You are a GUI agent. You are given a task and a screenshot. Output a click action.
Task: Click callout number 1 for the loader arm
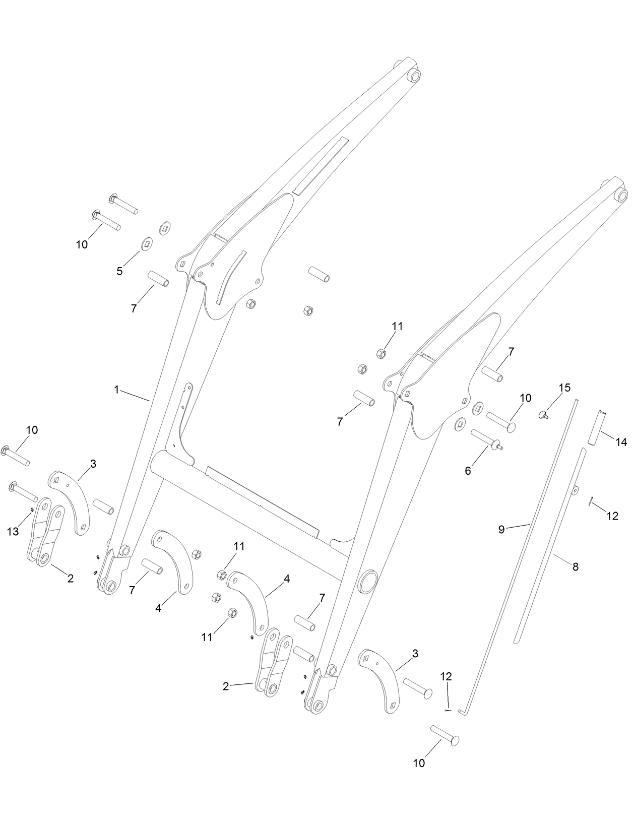click(116, 390)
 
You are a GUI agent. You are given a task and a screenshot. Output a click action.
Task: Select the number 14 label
click(621, 442)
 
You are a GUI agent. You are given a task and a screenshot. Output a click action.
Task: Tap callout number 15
click(564, 388)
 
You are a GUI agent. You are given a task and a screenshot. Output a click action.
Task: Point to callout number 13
click(13, 531)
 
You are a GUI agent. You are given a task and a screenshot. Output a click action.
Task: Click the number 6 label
click(468, 471)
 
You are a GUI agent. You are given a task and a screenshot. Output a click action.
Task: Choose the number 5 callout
click(119, 271)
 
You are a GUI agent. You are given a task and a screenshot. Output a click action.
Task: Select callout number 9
click(501, 529)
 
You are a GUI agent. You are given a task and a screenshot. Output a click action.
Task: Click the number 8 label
click(575, 567)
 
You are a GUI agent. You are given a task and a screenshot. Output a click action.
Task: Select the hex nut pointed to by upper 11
click(382, 353)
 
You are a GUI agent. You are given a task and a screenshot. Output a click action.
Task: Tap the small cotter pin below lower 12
click(447, 710)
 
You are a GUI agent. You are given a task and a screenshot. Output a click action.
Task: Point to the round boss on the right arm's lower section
click(368, 582)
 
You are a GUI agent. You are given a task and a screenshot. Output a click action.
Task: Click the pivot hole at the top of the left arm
click(415, 76)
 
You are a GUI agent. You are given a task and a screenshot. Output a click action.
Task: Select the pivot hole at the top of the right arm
click(622, 195)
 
